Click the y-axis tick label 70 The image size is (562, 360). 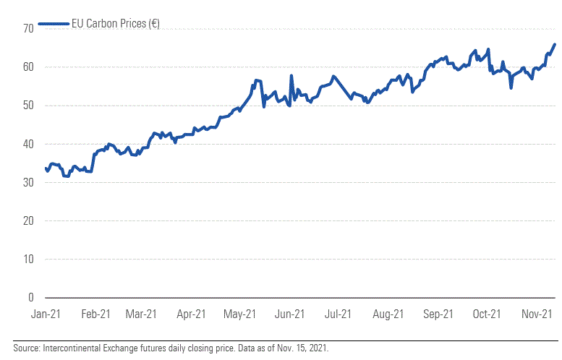pyautogui.click(x=28, y=29)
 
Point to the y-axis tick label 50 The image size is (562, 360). pyautogui.click(x=28, y=106)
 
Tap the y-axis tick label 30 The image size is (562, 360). pyautogui.click(x=28, y=182)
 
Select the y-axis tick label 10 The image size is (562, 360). pyautogui.click(x=28, y=259)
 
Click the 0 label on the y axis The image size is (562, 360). pyautogui.click(x=30, y=297)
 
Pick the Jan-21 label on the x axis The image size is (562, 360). pyautogui.click(x=45, y=314)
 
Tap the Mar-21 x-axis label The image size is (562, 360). pyautogui.click(x=141, y=314)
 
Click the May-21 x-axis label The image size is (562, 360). pyautogui.click(x=239, y=314)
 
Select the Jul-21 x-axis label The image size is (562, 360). pyautogui.click(x=338, y=314)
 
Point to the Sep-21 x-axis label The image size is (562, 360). pyautogui.click(x=438, y=314)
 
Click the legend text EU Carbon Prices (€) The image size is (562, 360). pyautogui.click(x=116, y=25)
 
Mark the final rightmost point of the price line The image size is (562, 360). pyautogui.click(x=554, y=45)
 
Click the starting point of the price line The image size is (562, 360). pyautogui.click(x=46, y=168)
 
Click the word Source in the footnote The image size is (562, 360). pyautogui.click(x=25, y=348)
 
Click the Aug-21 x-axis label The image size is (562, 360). pyautogui.click(x=388, y=314)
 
